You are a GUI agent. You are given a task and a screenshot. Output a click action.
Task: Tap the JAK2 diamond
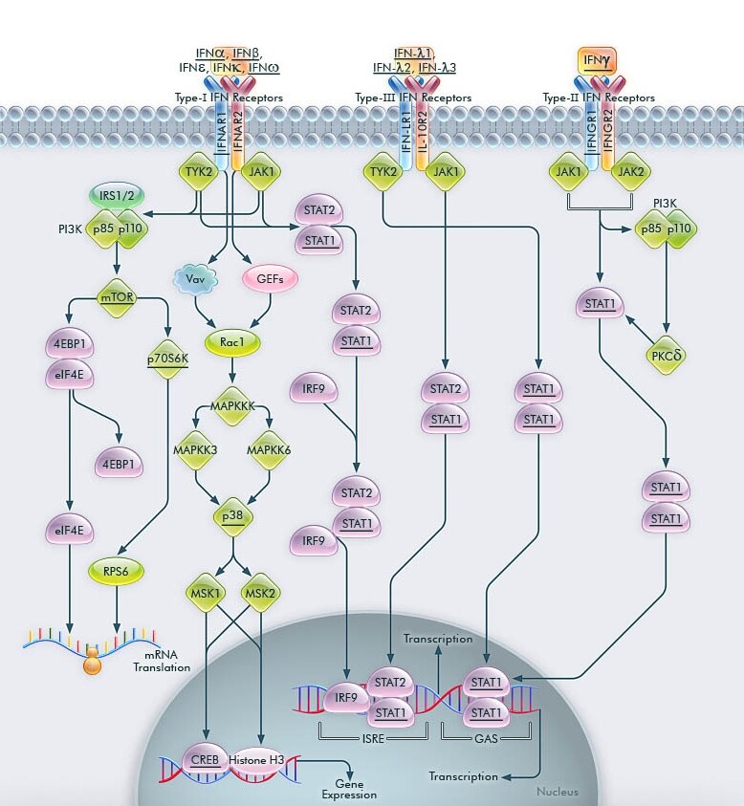point(632,172)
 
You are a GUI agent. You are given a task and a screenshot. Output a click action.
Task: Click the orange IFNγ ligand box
point(599,62)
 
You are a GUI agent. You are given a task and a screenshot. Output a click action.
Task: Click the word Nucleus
point(557,792)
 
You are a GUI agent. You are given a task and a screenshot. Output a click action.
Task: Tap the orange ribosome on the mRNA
point(93,662)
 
